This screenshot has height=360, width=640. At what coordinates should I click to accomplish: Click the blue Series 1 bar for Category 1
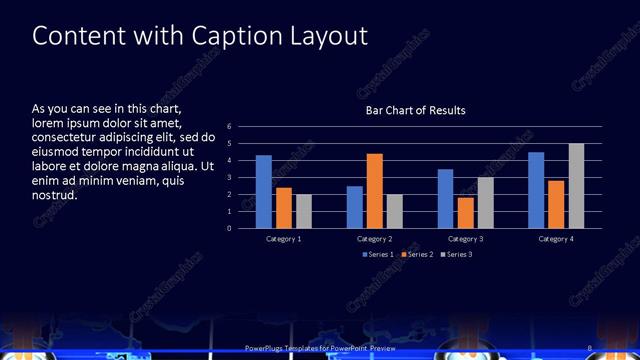tap(264, 192)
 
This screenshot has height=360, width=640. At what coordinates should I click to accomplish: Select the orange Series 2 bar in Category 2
tap(375, 191)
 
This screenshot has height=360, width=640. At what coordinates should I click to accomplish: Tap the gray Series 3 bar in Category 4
tap(576, 186)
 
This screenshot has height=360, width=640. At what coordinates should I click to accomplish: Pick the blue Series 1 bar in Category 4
tap(536, 190)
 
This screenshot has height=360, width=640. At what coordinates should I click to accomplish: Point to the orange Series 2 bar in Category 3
tap(465, 213)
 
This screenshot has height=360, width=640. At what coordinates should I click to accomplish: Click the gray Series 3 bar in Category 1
tap(304, 211)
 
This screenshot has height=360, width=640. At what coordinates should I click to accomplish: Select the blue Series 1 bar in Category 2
tap(355, 207)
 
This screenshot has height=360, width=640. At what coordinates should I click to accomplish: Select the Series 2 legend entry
tap(418, 255)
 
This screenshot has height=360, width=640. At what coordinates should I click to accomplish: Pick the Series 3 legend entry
tap(457, 255)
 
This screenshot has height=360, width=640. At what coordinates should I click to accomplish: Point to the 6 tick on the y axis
tap(229, 127)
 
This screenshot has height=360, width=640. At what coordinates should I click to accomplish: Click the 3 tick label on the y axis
tap(229, 178)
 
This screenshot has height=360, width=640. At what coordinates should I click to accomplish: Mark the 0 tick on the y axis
tap(229, 228)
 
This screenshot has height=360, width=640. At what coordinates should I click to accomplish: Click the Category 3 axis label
tap(465, 239)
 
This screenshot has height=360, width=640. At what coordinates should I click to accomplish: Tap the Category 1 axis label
tap(284, 239)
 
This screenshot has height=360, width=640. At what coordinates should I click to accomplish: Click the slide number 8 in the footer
tap(591, 347)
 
